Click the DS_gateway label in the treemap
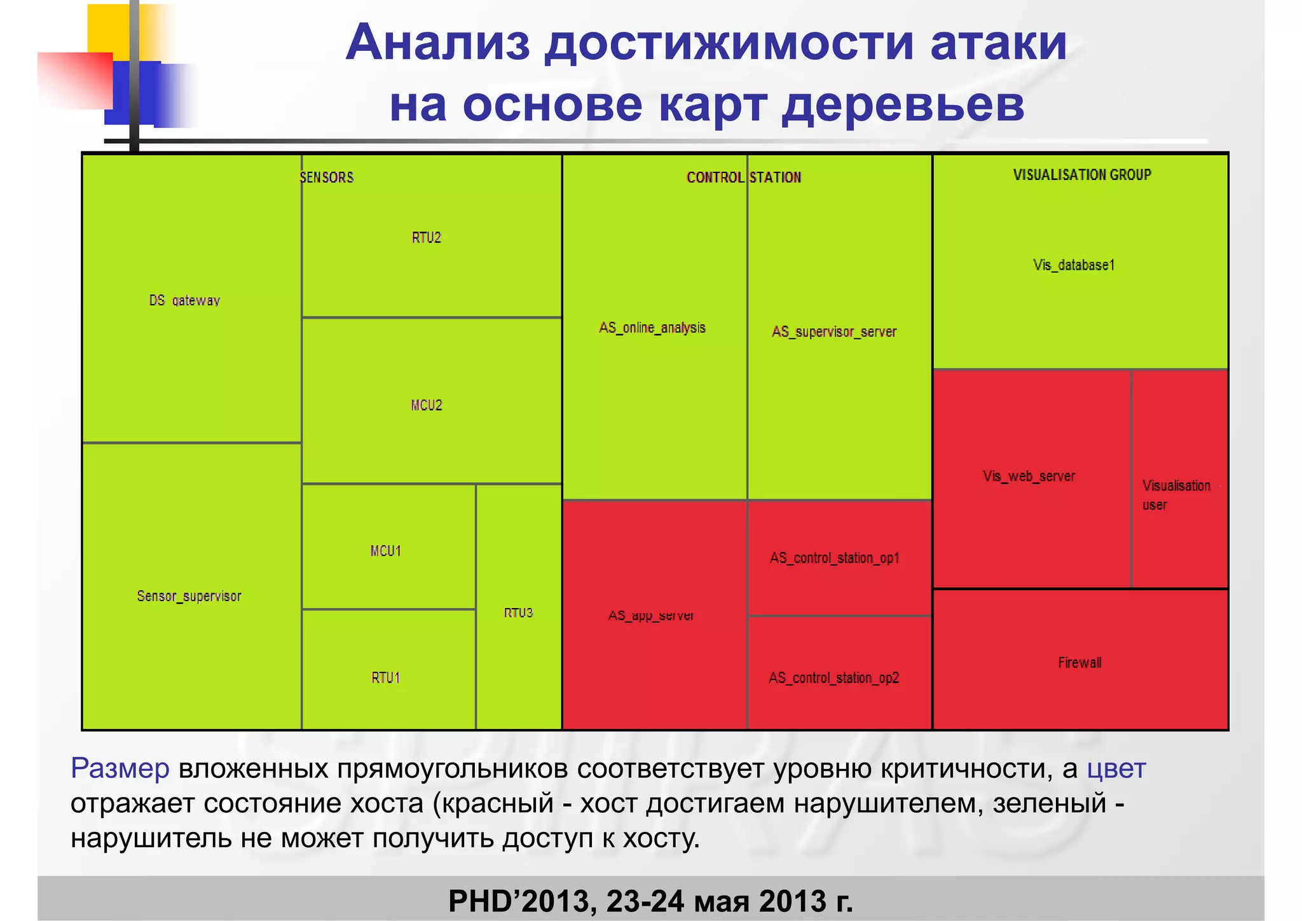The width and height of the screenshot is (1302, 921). (184, 300)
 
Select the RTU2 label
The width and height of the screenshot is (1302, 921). (426, 238)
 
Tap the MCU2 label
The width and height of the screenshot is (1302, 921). (426, 405)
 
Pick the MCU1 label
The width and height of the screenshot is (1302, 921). (386, 551)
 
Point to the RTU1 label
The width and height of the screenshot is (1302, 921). (386, 677)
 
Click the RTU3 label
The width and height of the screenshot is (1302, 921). (518, 613)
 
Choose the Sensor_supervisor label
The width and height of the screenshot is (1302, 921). (189, 596)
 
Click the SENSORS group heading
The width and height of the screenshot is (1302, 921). (327, 177)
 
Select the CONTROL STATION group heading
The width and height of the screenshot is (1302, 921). (743, 177)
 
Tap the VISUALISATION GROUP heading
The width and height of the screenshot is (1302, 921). (1082, 175)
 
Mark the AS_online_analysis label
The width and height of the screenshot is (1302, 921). (652, 328)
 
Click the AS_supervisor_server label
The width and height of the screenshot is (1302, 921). (834, 331)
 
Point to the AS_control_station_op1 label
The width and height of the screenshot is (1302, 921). (835, 558)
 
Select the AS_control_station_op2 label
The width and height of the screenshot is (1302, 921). (834, 677)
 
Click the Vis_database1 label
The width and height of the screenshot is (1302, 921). (1074, 265)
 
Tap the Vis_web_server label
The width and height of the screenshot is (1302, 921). (1029, 476)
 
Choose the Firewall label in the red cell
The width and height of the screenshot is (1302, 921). (1079, 663)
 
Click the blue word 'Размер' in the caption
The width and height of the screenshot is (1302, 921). (120, 768)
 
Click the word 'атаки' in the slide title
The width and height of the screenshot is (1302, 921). (998, 43)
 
